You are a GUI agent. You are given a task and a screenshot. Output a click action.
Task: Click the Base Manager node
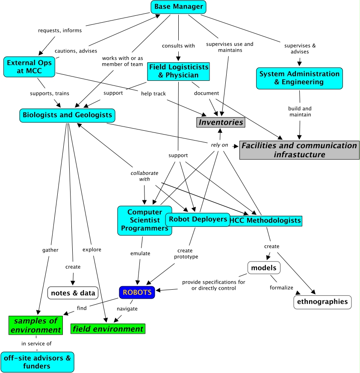pos(178,7)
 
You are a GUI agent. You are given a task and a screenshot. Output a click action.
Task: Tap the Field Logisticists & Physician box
pos(178,71)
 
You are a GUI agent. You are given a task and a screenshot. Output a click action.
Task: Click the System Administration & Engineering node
pos(299,78)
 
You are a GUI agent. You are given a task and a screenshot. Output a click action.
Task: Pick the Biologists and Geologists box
pos(68,115)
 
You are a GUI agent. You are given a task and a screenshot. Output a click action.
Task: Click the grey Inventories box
pos(221,122)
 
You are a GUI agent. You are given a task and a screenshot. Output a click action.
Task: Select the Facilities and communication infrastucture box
pos(299,150)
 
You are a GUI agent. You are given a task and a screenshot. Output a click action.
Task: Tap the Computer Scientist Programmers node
pos(144,220)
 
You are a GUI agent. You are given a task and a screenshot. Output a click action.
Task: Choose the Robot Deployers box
pos(198,219)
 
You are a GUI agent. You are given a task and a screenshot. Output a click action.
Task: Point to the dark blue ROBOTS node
pos(137,293)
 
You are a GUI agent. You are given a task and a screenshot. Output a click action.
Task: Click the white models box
pos(264,268)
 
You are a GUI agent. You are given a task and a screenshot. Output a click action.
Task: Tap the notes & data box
pos(73,293)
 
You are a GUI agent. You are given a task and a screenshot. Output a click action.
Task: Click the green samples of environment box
pos(35,325)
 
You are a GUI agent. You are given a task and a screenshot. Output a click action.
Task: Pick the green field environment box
pos(108,329)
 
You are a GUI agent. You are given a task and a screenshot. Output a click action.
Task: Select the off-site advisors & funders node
pos(37,361)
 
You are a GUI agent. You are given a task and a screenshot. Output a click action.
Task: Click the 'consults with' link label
pos(178,46)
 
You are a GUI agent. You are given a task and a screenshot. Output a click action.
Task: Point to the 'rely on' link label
pos(219,145)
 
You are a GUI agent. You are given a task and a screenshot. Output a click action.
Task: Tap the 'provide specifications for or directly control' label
pos(214,285)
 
